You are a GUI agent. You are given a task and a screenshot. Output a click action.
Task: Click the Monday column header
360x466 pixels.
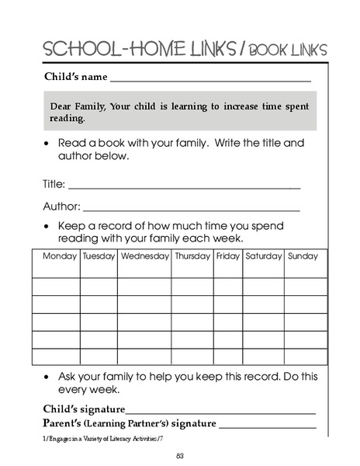pos(60,256)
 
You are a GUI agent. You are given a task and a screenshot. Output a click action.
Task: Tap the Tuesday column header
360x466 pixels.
pos(99,256)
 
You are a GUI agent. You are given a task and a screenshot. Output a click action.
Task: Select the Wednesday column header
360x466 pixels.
pos(144,256)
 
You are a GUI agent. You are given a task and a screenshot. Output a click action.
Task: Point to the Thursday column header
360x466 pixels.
pos(192,256)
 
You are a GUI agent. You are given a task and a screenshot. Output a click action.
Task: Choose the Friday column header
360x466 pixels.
pos(228,256)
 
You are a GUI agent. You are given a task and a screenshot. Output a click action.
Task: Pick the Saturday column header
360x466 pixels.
pos(264,256)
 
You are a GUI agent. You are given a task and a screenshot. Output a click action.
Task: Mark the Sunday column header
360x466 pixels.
pos(303,256)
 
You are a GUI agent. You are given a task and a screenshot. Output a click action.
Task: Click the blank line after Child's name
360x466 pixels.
pos(210,81)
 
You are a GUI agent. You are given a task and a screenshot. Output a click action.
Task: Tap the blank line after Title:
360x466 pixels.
pos(185,187)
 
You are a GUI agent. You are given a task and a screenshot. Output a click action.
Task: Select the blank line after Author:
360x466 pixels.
pos(191,210)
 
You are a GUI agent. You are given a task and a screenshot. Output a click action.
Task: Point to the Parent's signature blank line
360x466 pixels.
pos(268,427)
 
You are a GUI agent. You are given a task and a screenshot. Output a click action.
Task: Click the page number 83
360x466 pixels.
pos(179,455)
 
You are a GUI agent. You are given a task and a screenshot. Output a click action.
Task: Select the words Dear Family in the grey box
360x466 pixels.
pos(75,106)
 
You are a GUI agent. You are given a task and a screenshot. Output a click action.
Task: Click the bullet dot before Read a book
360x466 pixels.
pos(48,144)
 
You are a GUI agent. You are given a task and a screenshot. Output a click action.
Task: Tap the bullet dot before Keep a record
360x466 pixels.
pos(48,226)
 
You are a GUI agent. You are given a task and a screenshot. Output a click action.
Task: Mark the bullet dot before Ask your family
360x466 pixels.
pos(48,376)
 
